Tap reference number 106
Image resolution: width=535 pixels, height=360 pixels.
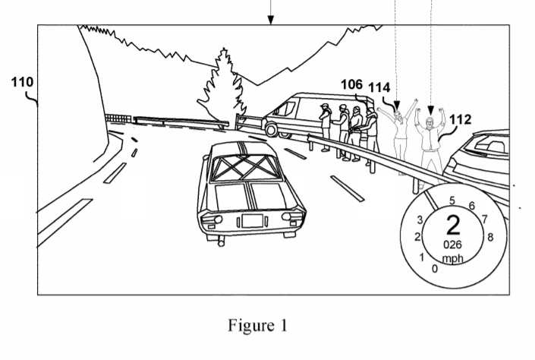[351, 85]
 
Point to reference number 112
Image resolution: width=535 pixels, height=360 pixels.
[460, 119]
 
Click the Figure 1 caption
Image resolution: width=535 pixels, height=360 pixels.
[258, 327]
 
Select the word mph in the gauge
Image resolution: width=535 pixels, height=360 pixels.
[453, 257]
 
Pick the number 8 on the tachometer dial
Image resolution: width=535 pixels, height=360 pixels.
[490, 235]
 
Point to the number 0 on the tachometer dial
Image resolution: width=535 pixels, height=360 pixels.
[433, 268]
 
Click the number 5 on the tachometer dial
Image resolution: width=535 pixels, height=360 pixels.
[453, 201]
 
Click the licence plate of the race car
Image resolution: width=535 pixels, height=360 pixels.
[251, 221]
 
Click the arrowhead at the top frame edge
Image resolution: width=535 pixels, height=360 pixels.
[271, 19]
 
